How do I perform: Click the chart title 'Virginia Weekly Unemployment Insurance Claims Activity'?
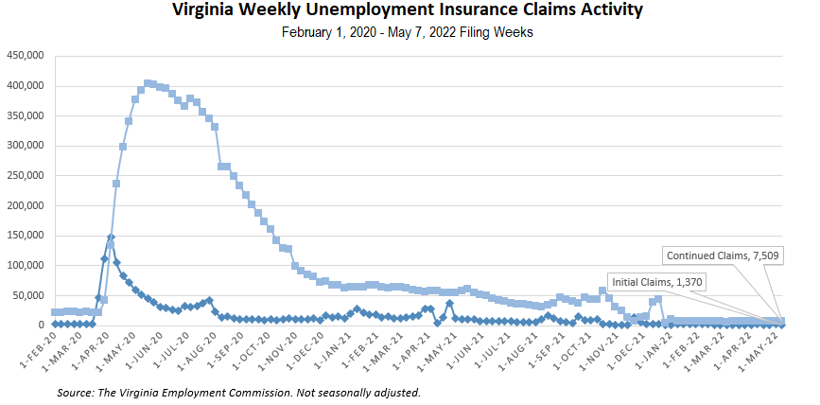409,11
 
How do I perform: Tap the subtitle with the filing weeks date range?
409,32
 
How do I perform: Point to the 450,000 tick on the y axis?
26,55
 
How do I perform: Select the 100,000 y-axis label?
26,265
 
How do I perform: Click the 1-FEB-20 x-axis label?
37,349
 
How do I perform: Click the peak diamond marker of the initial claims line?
111,238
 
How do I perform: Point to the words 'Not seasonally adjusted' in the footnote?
364,392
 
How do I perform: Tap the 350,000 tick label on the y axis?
26,115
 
